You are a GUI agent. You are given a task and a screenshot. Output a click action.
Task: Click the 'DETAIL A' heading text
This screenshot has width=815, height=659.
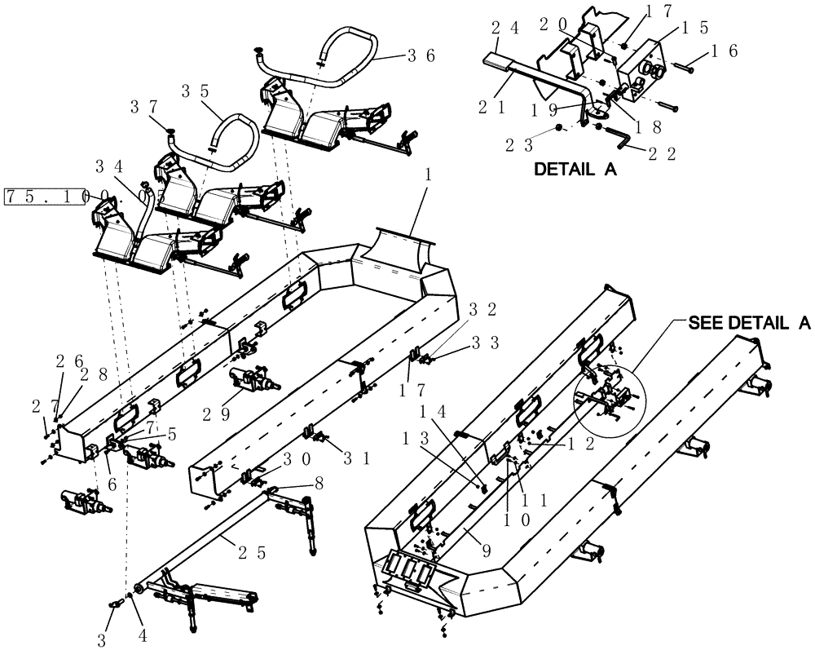(575, 170)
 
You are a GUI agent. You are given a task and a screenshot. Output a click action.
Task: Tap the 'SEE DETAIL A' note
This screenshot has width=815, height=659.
(749, 323)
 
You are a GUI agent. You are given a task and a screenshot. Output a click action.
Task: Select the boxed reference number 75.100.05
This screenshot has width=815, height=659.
(44, 197)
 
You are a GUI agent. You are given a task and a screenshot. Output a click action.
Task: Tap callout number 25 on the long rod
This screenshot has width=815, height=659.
(248, 552)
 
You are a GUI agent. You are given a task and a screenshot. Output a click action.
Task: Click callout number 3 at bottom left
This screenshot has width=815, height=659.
(103, 639)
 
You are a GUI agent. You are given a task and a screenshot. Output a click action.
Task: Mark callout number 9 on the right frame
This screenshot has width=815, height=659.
(485, 551)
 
